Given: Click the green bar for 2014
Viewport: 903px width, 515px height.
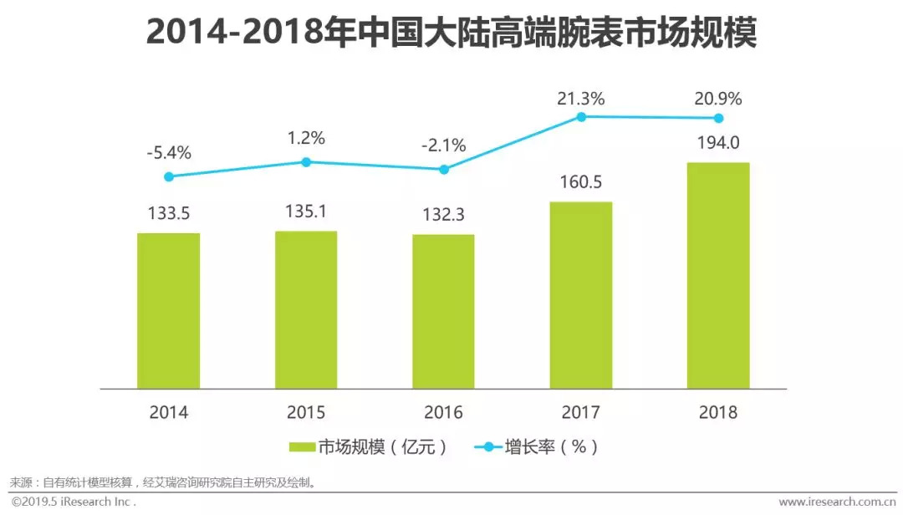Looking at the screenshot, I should click(168, 310).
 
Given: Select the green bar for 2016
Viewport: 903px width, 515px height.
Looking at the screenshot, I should click(443, 311).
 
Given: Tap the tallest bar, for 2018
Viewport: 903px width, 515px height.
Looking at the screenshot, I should click(718, 275).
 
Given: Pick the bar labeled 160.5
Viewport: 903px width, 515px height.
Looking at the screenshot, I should click(581, 295).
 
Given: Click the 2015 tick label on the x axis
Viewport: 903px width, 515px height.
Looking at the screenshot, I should click(306, 412).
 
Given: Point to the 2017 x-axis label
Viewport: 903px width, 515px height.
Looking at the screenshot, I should click(581, 412).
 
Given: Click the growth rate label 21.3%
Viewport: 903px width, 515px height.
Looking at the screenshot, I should click(581, 99).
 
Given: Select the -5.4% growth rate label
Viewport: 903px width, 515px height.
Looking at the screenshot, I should click(168, 153).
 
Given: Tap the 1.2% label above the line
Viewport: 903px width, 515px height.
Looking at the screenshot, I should click(306, 138).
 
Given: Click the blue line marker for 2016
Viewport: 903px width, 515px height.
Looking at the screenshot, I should click(444, 169).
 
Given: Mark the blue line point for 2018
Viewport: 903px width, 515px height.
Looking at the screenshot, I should click(718, 118).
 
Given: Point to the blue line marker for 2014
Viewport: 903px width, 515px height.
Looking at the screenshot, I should click(169, 176).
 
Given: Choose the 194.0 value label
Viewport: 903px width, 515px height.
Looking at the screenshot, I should click(718, 142).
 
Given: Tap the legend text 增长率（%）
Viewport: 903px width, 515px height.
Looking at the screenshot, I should click(551, 447).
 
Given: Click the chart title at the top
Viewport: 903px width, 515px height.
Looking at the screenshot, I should click(451, 33).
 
